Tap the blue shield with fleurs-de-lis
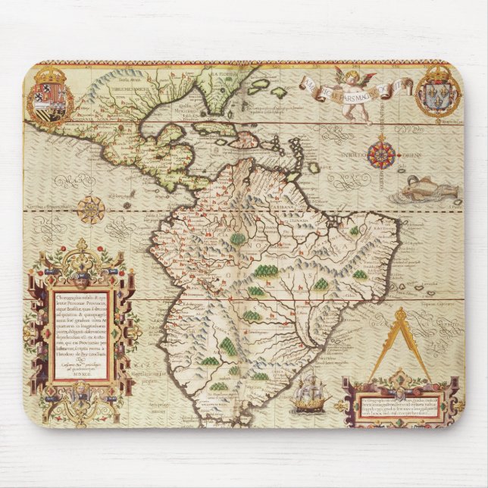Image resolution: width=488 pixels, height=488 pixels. (x=441, y=99)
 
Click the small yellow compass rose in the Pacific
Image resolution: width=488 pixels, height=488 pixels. (x=93, y=208)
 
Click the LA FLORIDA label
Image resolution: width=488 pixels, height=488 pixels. (x=225, y=74)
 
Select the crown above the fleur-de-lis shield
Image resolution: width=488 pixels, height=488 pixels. (x=441, y=74)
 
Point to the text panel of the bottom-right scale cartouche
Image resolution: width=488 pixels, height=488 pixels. (x=394, y=402)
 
